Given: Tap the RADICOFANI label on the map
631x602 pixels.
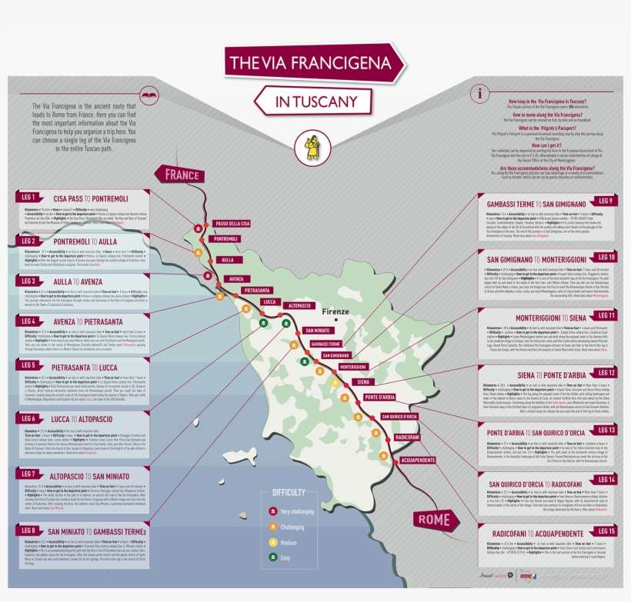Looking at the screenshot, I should (406, 437).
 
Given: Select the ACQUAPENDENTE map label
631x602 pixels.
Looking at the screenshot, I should (418, 459).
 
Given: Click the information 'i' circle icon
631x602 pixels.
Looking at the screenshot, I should (481, 94).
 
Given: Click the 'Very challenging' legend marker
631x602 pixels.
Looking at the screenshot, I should (272, 511).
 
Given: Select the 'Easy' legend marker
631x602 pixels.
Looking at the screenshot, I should (272, 557).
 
